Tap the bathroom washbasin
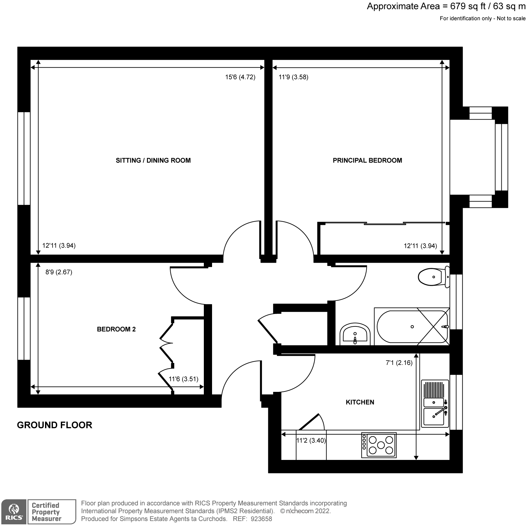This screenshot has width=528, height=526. point(355,335)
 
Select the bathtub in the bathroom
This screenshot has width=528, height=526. point(412,327)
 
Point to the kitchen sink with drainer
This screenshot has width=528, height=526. point(435,403)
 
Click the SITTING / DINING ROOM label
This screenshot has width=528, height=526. point(153,160)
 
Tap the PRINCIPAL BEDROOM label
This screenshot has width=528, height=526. point(367,160)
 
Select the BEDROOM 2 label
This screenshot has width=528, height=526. point(116,329)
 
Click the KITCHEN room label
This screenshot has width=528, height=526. point(360,402)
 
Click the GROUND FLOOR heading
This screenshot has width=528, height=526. point(55,425)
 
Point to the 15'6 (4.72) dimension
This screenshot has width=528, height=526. point(240,77)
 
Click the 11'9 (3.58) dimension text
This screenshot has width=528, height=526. point(294,77)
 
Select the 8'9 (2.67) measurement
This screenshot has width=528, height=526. point(59,272)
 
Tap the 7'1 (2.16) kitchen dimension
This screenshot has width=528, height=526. point(399,363)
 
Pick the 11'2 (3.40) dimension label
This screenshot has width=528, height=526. point(311,441)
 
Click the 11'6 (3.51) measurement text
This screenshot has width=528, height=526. point(183,379)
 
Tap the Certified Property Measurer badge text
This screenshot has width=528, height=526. point(46,512)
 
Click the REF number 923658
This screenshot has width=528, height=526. point(262,519)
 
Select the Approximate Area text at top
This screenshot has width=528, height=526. point(446,7)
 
